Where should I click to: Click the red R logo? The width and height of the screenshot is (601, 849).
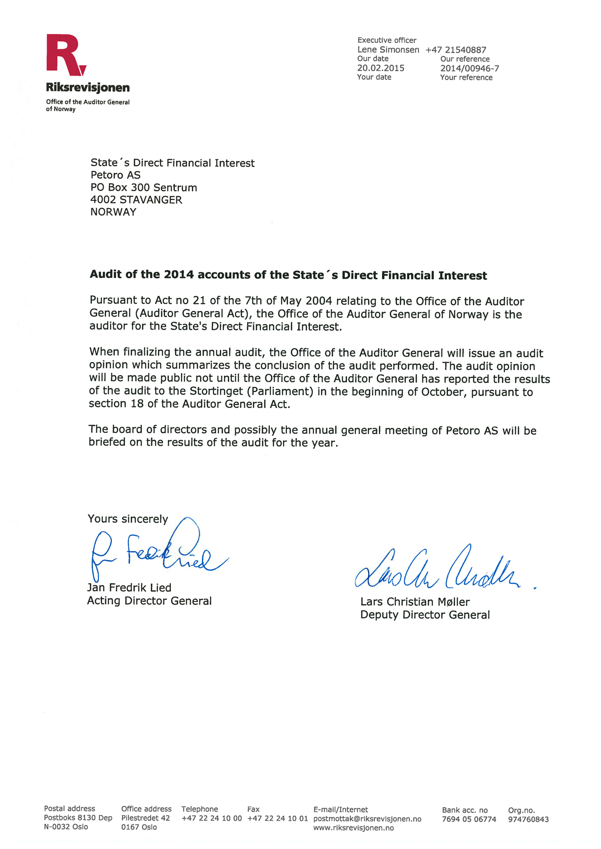pyautogui.click(x=65, y=55)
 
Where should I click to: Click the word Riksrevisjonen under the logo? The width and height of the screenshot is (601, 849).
pyautogui.click(x=88, y=88)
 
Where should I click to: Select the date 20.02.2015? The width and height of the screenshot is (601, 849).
pyautogui.click(x=381, y=68)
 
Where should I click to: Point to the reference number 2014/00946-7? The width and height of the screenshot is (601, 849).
pyautogui.click(x=469, y=69)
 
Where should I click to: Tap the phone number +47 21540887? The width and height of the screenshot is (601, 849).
pyautogui.click(x=456, y=50)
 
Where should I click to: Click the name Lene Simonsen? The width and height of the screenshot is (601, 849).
pyautogui.click(x=388, y=50)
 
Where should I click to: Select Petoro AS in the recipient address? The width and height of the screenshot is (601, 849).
pyautogui.click(x=115, y=175)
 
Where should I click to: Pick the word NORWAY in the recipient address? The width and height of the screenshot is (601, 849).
pyautogui.click(x=113, y=212)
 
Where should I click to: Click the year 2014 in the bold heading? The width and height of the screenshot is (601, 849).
pyautogui.click(x=179, y=275)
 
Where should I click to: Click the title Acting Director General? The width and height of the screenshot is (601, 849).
pyautogui.click(x=149, y=601)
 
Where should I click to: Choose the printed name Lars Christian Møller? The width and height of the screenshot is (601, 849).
pyautogui.click(x=415, y=602)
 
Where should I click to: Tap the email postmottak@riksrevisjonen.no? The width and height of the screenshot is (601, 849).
pyautogui.click(x=367, y=819)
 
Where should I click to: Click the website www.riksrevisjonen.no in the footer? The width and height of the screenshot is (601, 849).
pyautogui.click(x=354, y=828)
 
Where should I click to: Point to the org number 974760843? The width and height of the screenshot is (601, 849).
pyautogui.click(x=528, y=819)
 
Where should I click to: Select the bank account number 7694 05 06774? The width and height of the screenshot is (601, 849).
pyautogui.click(x=469, y=819)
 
